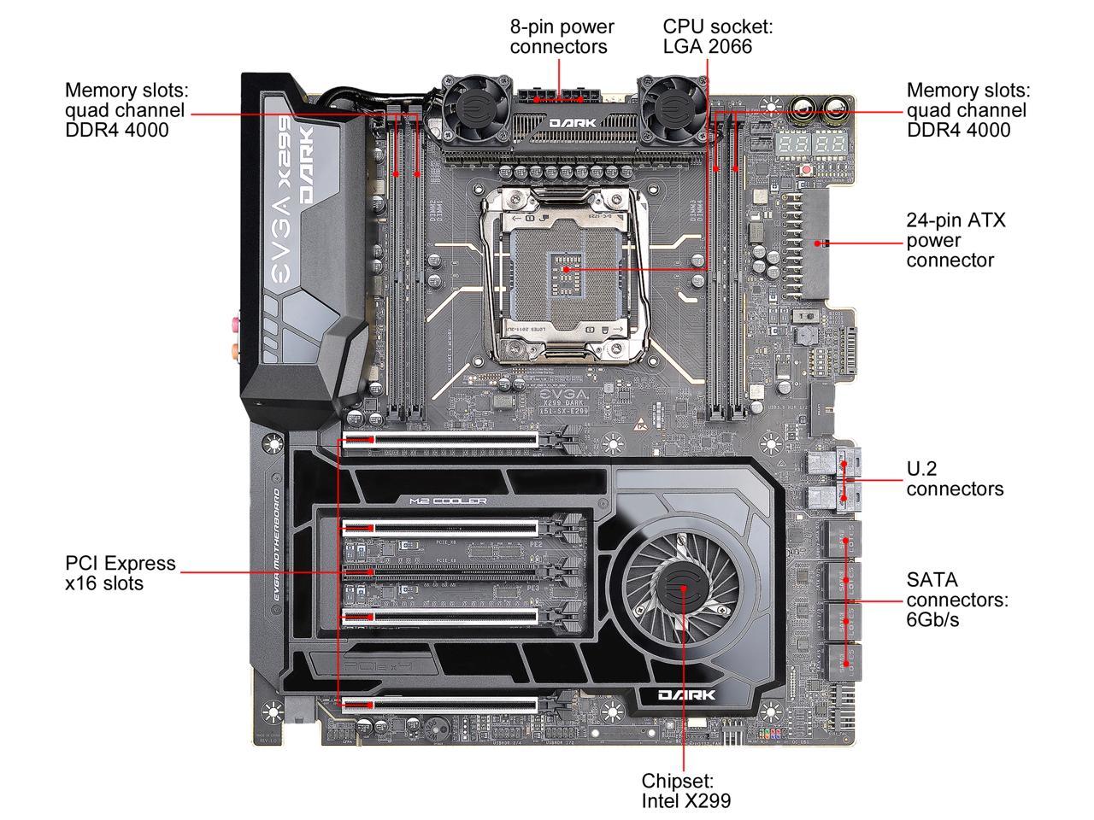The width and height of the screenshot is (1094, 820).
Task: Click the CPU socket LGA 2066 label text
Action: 717,37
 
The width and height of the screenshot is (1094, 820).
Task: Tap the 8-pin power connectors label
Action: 562,37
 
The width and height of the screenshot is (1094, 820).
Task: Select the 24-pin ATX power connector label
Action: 956,240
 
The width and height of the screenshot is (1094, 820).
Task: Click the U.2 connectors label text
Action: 954,478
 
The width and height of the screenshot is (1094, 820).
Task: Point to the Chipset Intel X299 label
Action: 686,790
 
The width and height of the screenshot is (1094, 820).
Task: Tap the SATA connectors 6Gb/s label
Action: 957,599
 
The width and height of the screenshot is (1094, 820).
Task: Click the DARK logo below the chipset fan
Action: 686,695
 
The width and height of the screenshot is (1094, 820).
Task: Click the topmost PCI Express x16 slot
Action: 440,442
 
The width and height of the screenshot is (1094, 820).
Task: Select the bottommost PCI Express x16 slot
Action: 440,704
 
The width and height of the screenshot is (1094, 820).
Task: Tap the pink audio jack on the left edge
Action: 232,324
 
